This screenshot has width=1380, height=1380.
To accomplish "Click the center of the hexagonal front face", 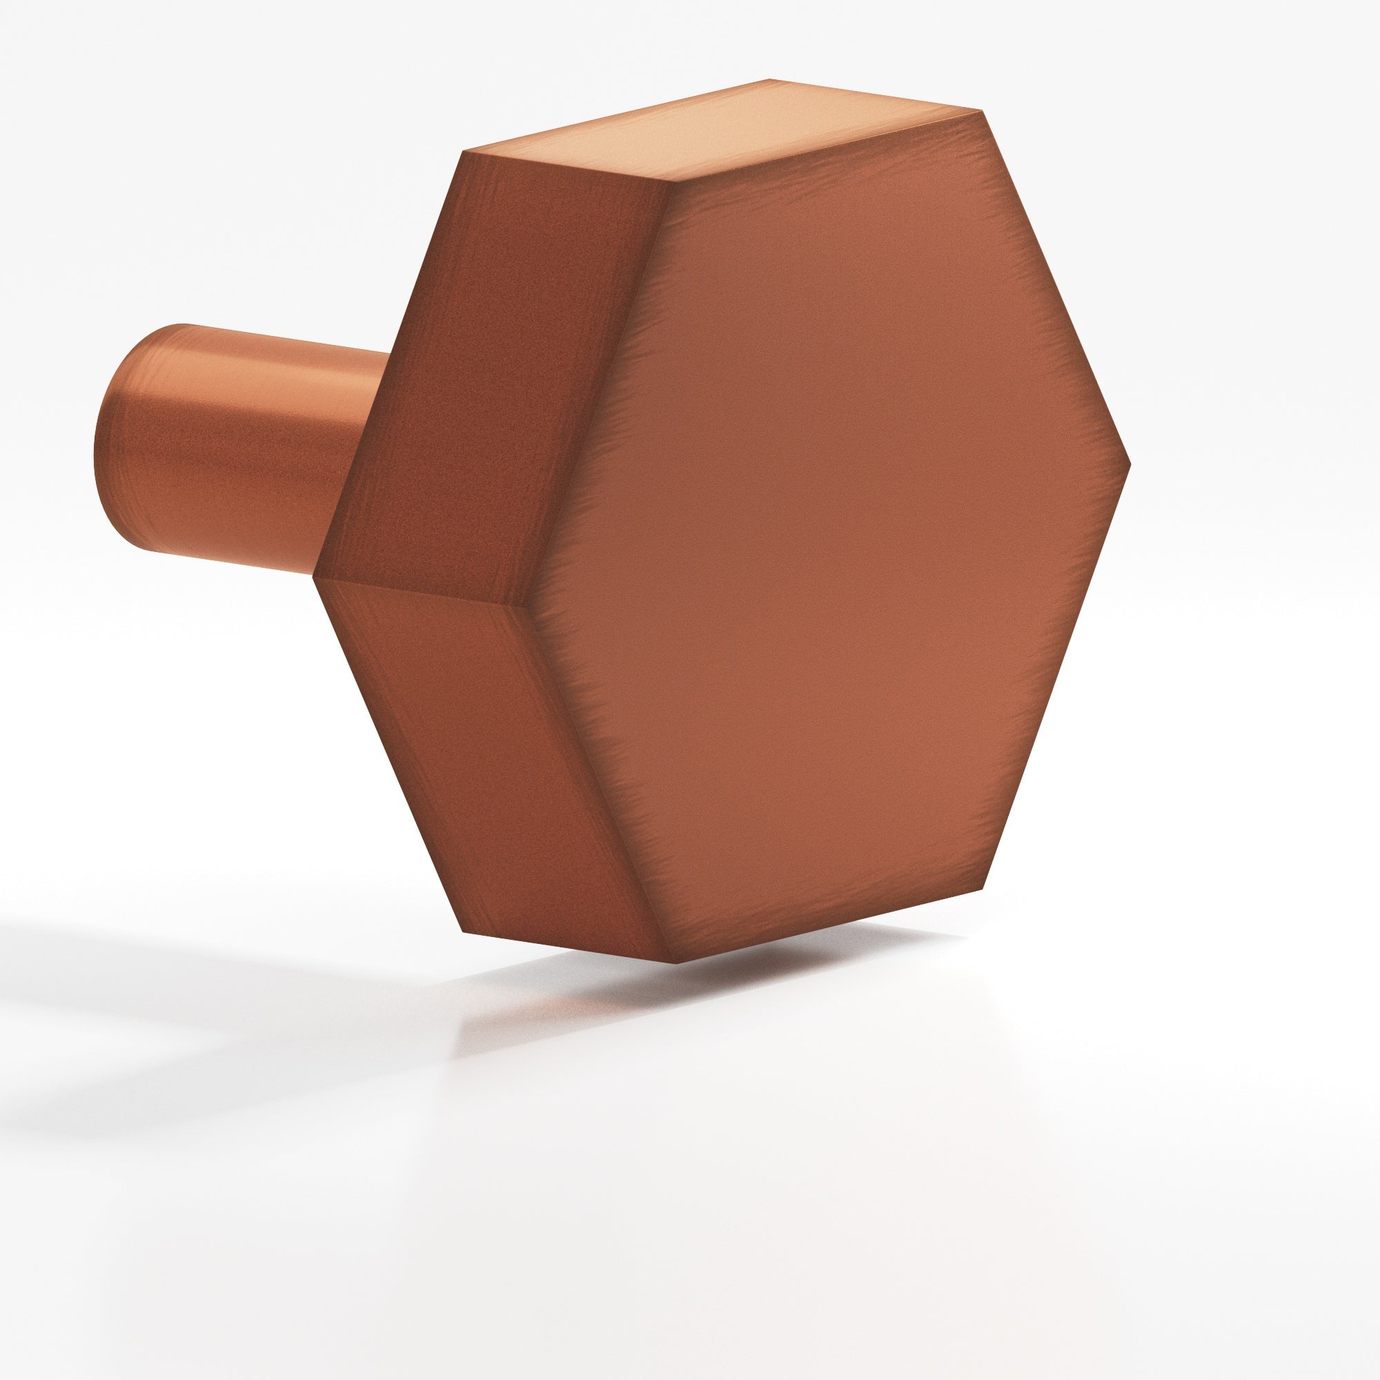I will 829,535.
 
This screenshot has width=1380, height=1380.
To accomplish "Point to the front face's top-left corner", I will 669,181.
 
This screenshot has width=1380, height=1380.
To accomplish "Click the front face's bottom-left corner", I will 674,961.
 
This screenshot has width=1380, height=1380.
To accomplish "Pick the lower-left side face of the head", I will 493,771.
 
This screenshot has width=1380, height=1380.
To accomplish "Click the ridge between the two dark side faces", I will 422,594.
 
